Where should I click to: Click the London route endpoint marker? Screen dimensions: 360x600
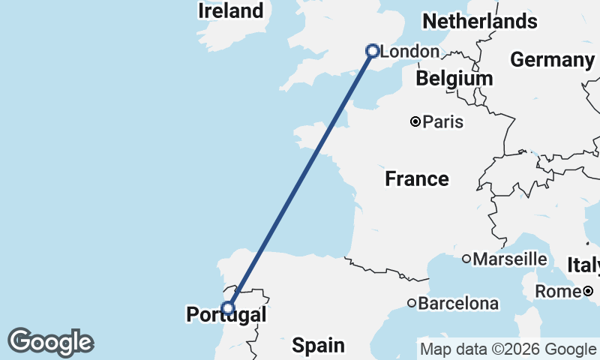coord(372,51)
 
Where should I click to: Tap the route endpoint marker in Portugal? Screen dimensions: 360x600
coord(228,307)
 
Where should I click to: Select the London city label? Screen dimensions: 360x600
coord(409,52)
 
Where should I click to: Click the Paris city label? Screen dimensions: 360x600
coord(442,121)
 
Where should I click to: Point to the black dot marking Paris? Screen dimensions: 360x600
coord(415,121)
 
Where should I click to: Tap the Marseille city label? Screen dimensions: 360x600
coord(510,259)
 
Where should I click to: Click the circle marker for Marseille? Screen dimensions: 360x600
coord(466,259)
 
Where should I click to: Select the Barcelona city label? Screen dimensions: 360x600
coord(458,304)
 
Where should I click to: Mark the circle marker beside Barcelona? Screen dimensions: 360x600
coord(412,303)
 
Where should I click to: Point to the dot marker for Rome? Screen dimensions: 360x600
coord(589,291)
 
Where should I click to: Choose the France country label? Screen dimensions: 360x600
coord(417,179)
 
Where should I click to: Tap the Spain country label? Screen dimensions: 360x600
coord(318,345)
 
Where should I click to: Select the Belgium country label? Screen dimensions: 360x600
coord(454,78)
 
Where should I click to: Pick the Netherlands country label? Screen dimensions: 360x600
coord(480,21)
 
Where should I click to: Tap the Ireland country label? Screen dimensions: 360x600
coord(230,10)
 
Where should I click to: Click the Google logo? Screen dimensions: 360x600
coord(50,342)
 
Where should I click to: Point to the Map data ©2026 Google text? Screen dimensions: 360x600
coord(508,349)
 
